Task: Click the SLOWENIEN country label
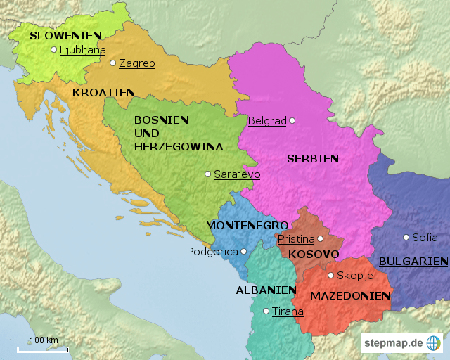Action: click(65, 35)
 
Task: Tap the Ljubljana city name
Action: click(82, 50)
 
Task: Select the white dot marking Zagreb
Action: click(112, 63)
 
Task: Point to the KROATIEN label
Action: click(103, 92)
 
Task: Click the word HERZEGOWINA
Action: click(178, 147)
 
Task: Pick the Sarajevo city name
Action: click(237, 174)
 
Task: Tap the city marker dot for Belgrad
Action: click(292, 120)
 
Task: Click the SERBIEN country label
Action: click(312, 159)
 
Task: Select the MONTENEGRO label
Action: click(247, 225)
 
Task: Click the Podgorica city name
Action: click(212, 252)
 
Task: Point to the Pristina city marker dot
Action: click(321, 239)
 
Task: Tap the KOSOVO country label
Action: click(314, 254)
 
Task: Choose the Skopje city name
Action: click(354, 276)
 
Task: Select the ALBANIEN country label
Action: click(266, 290)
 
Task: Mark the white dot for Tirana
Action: click(266, 311)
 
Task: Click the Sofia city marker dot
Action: click(406, 237)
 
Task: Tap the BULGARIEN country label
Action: click(413, 262)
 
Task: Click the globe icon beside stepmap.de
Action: click(433, 343)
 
